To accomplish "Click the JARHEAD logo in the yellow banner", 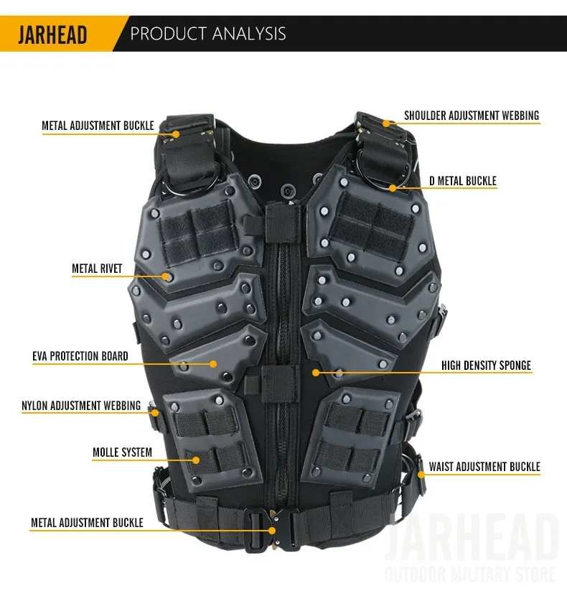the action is tap(52, 34).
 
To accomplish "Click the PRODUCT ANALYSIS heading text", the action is tap(208, 34).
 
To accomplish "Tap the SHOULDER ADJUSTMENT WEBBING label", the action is tap(472, 116).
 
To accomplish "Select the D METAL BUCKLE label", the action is tap(463, 181).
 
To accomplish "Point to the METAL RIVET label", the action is tap(97, 269).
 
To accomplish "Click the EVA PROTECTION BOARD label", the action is tap(80, 356).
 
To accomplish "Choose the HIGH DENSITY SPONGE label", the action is tap(487, 366).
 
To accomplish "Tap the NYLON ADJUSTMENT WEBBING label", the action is tap(81, 406).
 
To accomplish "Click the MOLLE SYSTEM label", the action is tap(123, 452).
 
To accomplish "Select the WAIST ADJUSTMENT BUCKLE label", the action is tap(484, 467).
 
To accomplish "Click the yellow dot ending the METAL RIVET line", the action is tap(165, 276).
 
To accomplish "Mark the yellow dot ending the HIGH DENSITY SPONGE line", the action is tap(316, 373).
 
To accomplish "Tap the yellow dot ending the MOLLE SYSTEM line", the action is tap(196, 460).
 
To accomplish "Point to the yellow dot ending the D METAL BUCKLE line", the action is tap(393, 188).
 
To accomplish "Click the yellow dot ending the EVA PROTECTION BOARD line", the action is tap(213, 364).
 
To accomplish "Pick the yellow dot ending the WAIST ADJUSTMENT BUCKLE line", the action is tap(421, 475).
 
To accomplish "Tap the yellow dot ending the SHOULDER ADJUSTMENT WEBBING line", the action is tap(386, 124).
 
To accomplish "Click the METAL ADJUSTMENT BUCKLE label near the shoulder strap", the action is tap(98, 126).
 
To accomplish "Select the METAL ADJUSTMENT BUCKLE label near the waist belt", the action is tap(87, 523).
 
